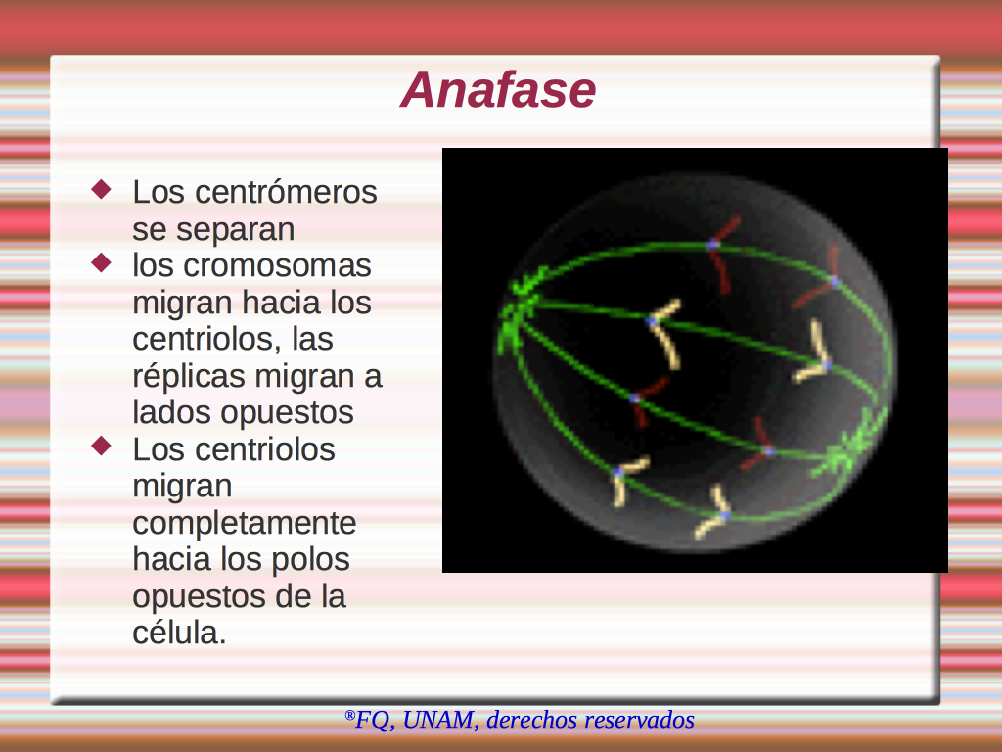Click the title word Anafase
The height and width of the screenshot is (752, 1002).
click(x=498, y=89)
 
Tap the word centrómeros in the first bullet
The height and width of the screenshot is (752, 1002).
click(x=287, y=192)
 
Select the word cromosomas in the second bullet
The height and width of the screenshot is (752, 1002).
click(x=277, y=265)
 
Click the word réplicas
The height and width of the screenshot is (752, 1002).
click(x=189, y=377)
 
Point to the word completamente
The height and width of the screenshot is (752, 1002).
click(x=244, y=524)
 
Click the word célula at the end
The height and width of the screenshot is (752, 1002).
click(x=176, y=633)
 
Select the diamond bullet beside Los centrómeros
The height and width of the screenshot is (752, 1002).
click(x=102, y=189)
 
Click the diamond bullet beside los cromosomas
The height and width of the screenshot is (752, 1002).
click(x=102, y=262)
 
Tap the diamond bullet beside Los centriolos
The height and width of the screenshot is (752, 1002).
click(x=102, y=446)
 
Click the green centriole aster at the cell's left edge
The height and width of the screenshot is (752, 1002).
click(x=519, y=311)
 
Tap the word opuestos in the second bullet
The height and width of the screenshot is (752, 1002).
click(x=287, y=413)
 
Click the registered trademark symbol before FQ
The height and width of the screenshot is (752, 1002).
click(x=349, y=715)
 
